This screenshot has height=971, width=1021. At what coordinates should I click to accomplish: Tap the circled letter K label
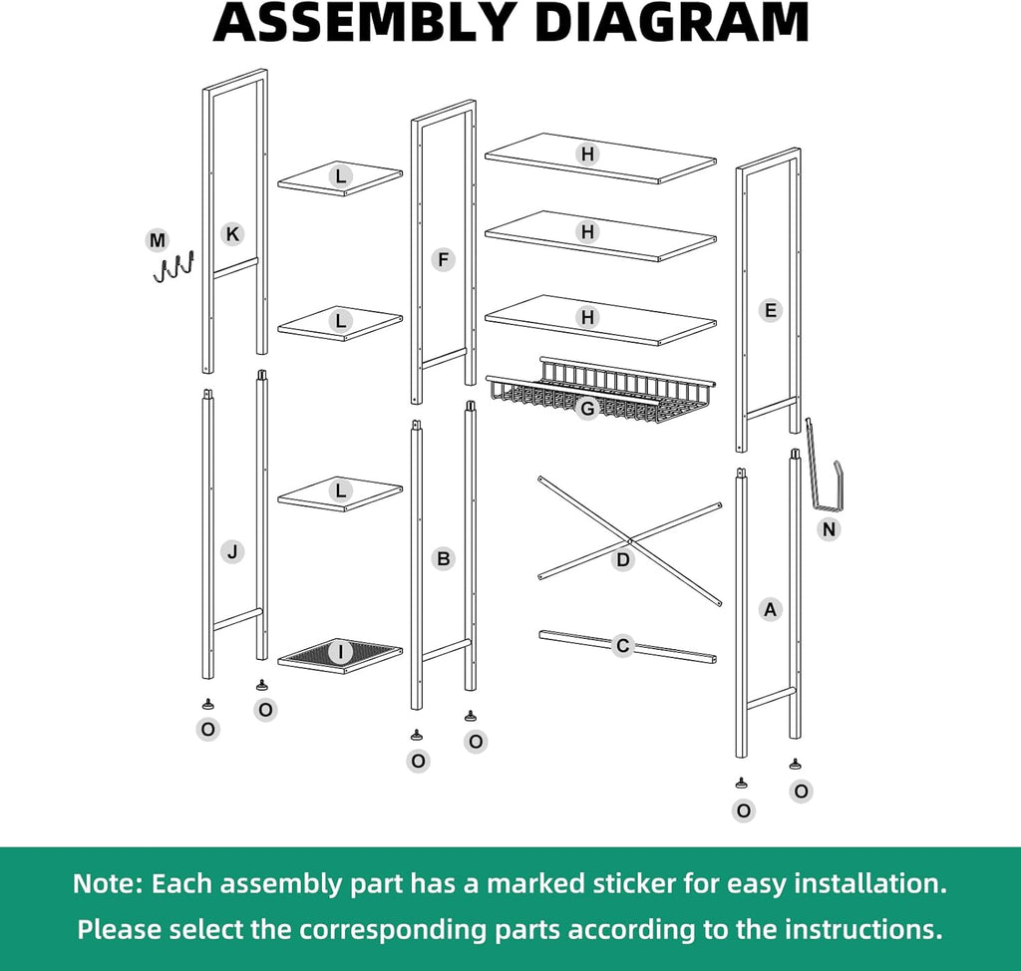tap(232, 234)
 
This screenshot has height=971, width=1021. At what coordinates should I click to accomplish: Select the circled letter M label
tap(157, 240)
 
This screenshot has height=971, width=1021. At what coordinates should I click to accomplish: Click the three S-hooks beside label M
tap(173, 267)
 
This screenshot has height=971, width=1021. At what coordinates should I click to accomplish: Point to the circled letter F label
tap(443, 260)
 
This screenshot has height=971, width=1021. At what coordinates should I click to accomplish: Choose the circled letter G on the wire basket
tap(587, 409)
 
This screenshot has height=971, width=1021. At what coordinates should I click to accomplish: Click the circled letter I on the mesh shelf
tap(340, 652)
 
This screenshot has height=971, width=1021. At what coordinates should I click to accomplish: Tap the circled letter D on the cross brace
tap(623, 559)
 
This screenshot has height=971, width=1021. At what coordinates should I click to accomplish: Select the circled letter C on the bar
tap(622, 645)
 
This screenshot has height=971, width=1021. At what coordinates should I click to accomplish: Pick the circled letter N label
tap(829, 529)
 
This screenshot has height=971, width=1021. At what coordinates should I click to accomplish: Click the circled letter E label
tap(771, 310)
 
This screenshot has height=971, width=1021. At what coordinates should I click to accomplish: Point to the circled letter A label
tap(771, 609)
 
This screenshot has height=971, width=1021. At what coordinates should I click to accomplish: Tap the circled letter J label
tap(232, 552)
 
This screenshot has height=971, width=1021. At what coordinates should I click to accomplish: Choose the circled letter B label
tap(443, 558)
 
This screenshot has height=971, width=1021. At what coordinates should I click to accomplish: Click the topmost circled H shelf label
tap(587, 155)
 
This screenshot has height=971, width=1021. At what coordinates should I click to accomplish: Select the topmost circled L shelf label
tap(340, 175)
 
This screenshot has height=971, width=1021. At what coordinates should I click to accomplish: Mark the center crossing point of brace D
tap(630, 540)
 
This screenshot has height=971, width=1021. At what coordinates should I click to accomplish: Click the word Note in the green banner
tap(107, 883)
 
